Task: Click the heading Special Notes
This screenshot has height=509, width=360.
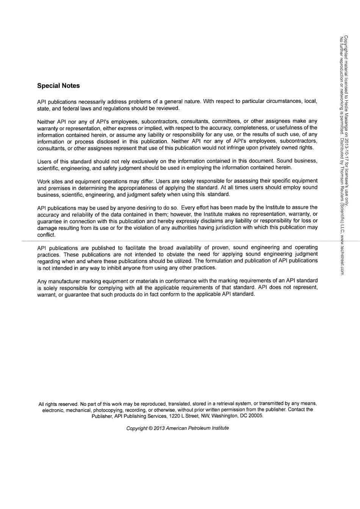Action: [58, 86]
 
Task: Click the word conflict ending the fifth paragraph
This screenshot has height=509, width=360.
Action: [46, 235]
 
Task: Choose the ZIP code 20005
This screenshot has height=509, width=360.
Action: [256, 416]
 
